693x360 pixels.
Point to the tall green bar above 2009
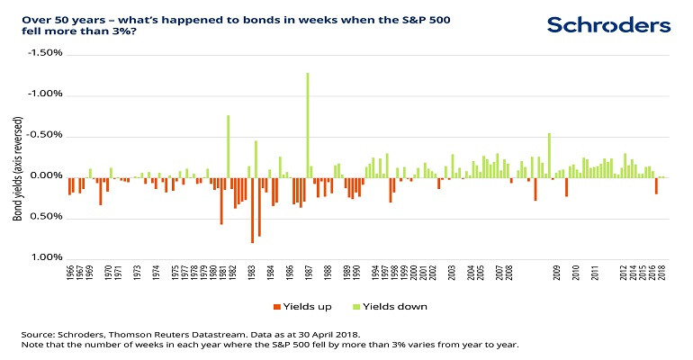point(549,154)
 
